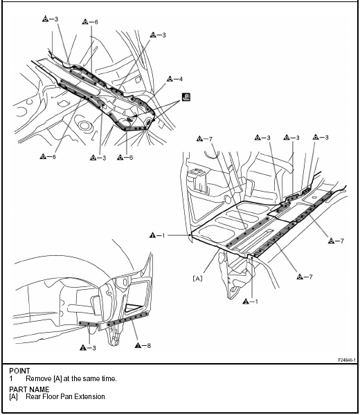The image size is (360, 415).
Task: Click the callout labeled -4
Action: (175, 79)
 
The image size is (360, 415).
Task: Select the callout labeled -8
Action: (143, 345)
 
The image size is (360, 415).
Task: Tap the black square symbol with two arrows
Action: (186, 97)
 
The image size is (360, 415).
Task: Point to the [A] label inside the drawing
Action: (197, 278)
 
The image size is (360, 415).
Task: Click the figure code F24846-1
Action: (347, 360)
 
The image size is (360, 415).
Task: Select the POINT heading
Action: (19, 371)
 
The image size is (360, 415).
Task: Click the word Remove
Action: (38, 379)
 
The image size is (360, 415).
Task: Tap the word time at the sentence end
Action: (108, 379)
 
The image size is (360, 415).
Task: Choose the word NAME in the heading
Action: (39, 389)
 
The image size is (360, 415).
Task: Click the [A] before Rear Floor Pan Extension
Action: (14, 397)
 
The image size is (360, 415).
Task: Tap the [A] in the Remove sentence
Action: (57, 379)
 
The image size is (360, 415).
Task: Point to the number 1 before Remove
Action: (11, 379)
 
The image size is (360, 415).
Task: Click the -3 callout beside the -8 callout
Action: (88, 348)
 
